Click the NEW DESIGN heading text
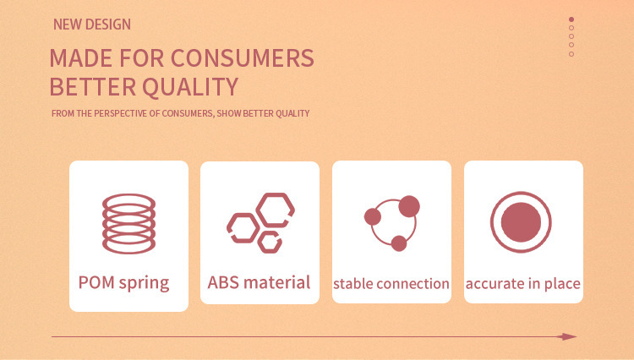(92, 25)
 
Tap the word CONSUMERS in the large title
(243, 57)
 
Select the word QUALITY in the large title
(190, 87)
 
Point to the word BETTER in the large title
(93, 87)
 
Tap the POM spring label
(123, 283)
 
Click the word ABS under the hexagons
(223, 282)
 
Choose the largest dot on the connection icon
(409, 206)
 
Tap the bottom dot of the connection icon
(399, 243)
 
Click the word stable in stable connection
(352, 284)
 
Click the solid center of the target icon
(522, 222)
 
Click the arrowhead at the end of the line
(568, 336)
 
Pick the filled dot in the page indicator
(571, 19)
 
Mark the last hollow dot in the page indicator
(571, 54)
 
